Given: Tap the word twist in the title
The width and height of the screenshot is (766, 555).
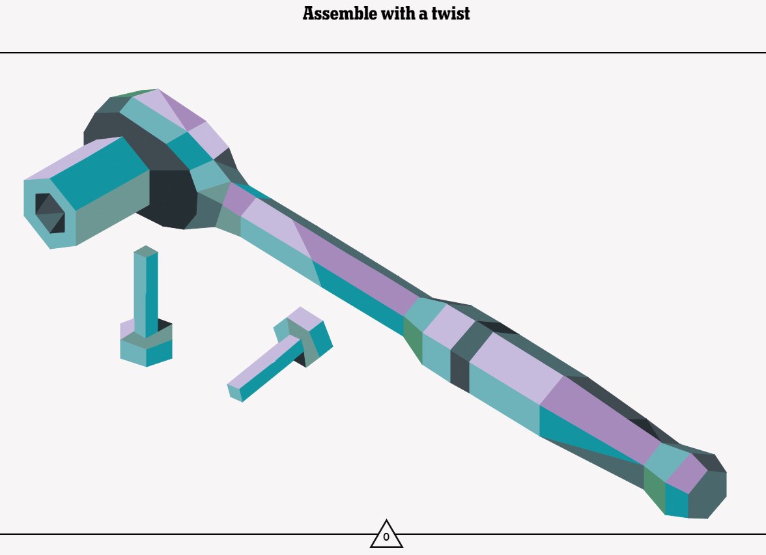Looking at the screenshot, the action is pos(451,14).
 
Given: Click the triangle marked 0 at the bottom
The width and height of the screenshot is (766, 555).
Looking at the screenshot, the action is pos(386,535).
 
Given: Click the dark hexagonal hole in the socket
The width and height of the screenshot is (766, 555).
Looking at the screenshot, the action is pos(50,213).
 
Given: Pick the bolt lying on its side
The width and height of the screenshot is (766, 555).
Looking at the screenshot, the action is pos(280,354).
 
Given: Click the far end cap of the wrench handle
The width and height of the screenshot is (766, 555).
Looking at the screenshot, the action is pos(707,486).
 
